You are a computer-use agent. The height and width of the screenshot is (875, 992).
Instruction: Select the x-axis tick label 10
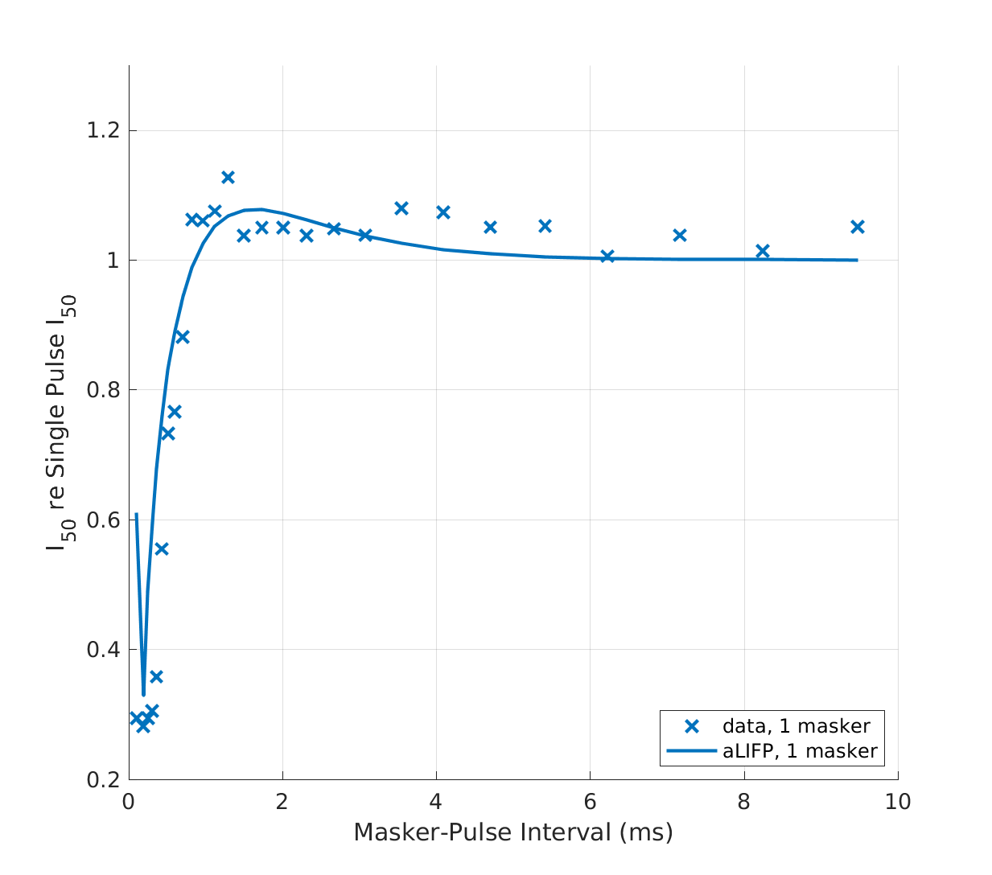(898, 802)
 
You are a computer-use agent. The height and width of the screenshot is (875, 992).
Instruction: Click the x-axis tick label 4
(436, 802)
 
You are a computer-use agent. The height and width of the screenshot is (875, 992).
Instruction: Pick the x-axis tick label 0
(129, 802)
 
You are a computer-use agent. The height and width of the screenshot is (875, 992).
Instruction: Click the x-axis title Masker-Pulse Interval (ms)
(513, 832)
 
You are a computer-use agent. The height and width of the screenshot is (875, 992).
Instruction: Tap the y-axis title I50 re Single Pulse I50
(60, 422)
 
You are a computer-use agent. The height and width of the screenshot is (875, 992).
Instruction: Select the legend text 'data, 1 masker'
(796, 726)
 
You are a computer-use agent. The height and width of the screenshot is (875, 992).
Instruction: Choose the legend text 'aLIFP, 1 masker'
(799, 751)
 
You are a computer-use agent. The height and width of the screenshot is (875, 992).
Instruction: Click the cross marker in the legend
(691, 726)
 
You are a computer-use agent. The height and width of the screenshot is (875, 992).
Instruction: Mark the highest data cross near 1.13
(228, 177)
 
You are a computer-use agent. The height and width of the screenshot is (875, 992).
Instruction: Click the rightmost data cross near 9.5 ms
(857, 227)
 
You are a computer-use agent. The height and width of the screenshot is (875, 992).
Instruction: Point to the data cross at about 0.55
(161, 548)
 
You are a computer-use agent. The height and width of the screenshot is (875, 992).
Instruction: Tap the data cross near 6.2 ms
(607, 256)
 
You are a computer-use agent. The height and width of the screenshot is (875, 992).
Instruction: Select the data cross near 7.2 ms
(679, 235)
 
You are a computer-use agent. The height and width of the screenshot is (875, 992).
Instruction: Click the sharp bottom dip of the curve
(143, 693)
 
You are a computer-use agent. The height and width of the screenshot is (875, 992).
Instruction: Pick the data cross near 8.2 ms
(763, 251)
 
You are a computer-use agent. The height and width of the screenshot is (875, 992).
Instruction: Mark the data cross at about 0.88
(183, 337)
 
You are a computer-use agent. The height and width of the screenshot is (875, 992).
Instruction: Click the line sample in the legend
(691, 751)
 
